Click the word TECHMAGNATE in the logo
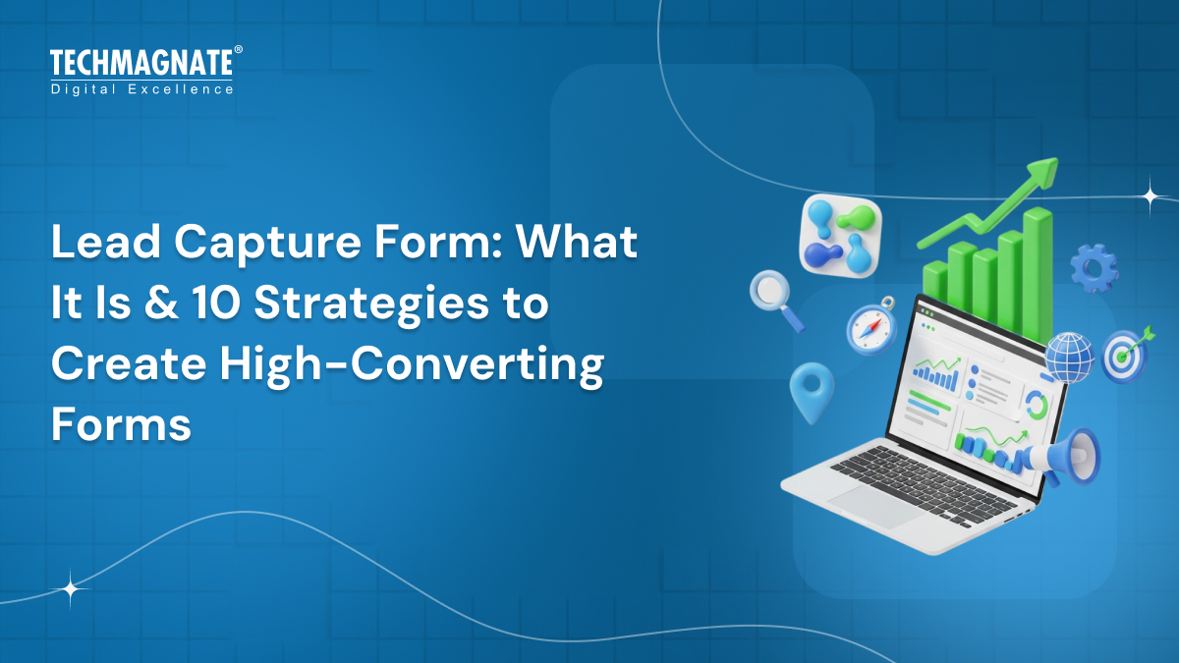(x=141, y=64)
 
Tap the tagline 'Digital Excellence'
(x=141, y=89)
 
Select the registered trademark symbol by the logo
(x=238, y=50)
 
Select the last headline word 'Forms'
(x=121, y=425)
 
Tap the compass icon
(x=871, y=326)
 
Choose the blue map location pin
(x=812, y=392)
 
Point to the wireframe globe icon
(x=1069, y=357)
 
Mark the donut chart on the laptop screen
(x=1036, y=404)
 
